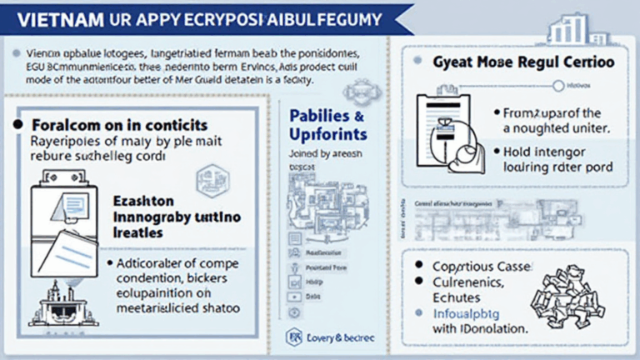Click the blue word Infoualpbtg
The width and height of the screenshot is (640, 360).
pos(462,314)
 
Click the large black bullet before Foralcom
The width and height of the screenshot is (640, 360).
pos(17,123)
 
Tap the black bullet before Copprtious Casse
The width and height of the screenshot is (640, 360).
pos(421,266)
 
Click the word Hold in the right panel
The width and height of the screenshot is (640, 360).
pos(522,151)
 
